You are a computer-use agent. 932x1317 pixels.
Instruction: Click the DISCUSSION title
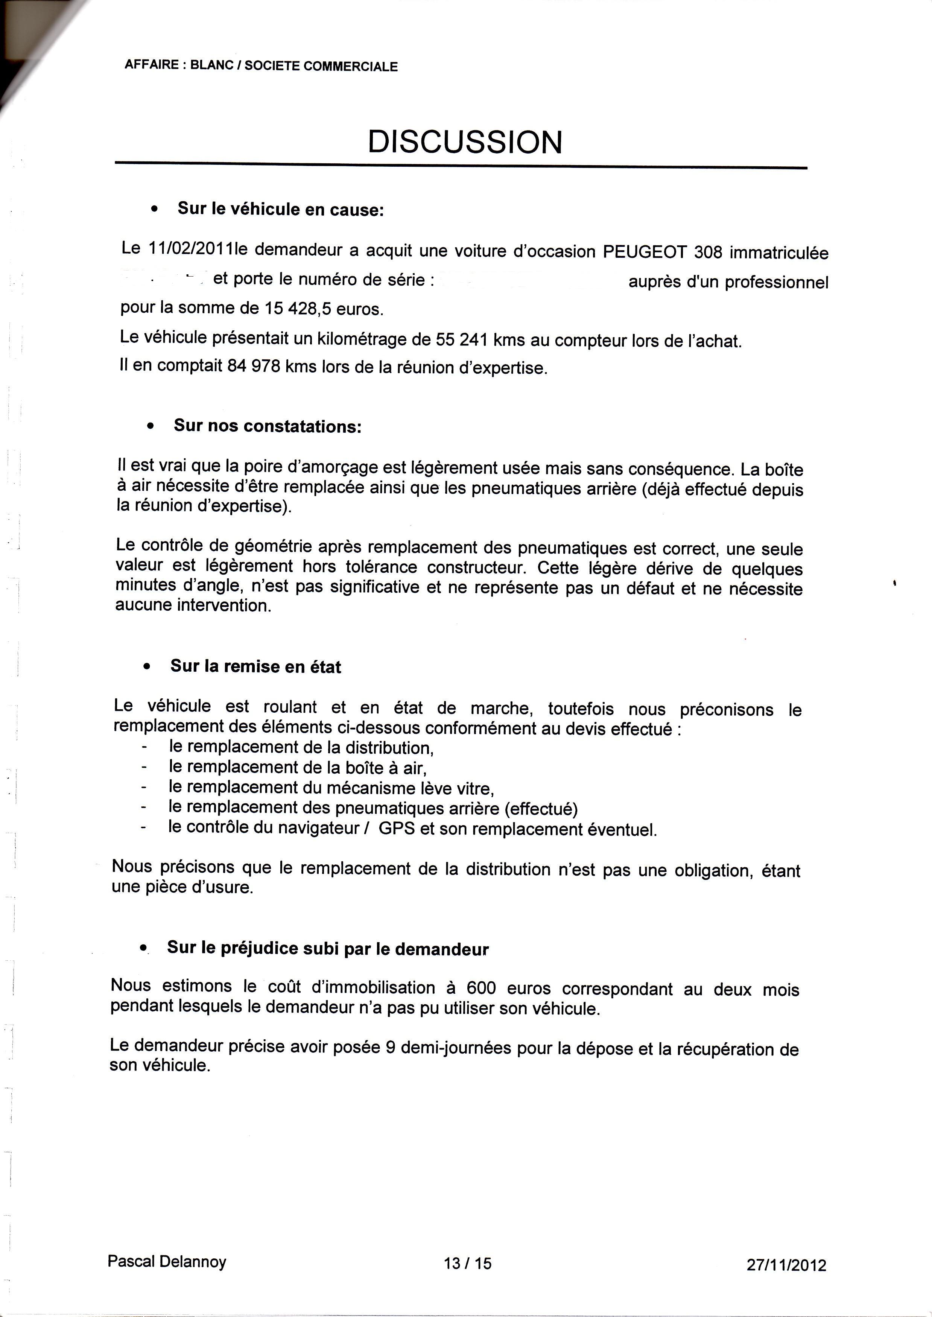[x=465, y=142]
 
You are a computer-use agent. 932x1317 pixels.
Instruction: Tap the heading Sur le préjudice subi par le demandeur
[x=328, y=949]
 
